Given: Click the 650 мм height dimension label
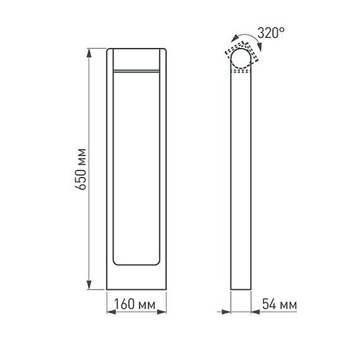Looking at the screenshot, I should tap(81, 170).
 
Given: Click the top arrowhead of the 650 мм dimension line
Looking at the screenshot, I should tap(89, 51).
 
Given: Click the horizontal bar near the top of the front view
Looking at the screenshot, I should tap(136, 69).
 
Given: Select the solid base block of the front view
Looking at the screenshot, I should tap(136, 278).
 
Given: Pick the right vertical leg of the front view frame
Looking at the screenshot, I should tap(162, 171).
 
